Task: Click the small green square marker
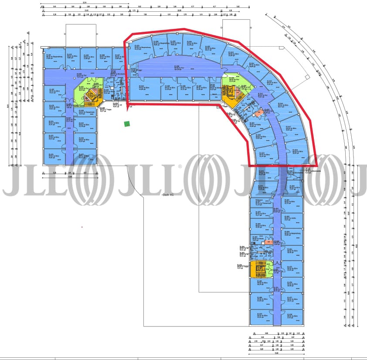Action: click(x=127, y=124)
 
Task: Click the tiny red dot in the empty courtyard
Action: click(x=82, y=227)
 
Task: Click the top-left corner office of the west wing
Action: click(x=52, y=59)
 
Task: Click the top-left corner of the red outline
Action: click(x=125, y=41)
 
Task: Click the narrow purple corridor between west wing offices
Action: click(x=69, y=131)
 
